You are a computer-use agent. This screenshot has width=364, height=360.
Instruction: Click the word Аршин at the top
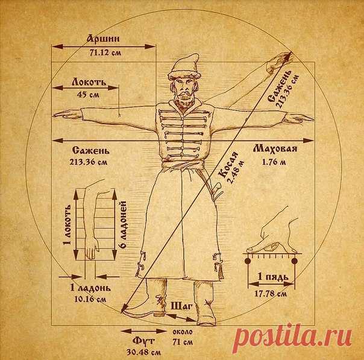104,39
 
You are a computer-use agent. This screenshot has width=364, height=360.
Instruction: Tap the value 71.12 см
105,52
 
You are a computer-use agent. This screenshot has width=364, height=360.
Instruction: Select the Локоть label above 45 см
89,82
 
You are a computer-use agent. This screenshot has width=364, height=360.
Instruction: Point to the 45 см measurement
88,95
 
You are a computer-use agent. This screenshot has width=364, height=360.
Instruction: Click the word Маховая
275,149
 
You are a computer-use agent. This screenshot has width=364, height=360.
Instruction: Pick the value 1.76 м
274,162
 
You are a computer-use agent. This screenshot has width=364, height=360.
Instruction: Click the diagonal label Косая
228,165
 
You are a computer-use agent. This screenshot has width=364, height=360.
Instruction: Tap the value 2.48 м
236,171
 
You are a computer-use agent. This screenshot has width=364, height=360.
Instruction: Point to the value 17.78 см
271,294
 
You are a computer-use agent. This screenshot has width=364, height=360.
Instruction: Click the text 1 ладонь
90,288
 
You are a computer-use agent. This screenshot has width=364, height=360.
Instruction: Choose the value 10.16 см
90,299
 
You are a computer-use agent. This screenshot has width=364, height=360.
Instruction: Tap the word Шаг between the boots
182,306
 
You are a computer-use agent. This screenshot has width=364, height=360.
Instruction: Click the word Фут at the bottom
143,341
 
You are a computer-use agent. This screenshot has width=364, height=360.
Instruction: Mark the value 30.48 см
143,352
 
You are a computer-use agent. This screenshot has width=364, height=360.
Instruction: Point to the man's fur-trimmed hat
184,68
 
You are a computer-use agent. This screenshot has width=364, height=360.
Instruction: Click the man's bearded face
184,92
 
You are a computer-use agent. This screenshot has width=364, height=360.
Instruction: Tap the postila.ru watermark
293,336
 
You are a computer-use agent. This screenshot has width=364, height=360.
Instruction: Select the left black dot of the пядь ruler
248,261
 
